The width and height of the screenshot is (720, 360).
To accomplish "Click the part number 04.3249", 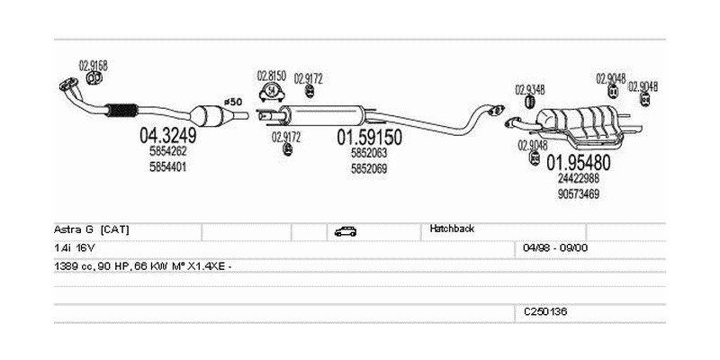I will [x=167, y=137].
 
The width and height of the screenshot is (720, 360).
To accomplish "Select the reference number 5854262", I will [x=168, y=152].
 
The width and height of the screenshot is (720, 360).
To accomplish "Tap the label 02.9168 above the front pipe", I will [x=93, y=65].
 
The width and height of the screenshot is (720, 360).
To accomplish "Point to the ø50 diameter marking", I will [x=233, y=102].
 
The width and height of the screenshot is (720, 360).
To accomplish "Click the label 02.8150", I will [x=271, y=76].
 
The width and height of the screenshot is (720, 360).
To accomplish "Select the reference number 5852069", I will [x=368, y=167].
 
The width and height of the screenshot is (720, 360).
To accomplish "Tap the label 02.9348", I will [x=529, y=89].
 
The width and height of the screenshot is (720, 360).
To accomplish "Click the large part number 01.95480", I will [x=579, y=163].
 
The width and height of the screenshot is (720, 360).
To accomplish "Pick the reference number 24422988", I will [x=579, y=178].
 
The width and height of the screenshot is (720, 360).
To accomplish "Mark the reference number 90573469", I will [x=579, y=193].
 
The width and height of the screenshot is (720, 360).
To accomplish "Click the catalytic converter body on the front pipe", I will [x=210, y=117].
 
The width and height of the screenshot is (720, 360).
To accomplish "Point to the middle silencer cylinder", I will [x=324, y=114].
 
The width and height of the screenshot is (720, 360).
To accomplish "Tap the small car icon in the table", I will [x=345, y=231].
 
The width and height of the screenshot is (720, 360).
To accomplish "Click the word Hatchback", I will [x=453, y=229].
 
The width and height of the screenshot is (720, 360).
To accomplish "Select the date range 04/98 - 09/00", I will [x=555, y=247].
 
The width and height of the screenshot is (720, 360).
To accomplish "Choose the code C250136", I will [x=545, y=311].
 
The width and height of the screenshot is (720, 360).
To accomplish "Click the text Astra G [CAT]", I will [x=92, y=229].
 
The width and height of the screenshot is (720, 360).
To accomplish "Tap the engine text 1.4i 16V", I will [x=74, y=247].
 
